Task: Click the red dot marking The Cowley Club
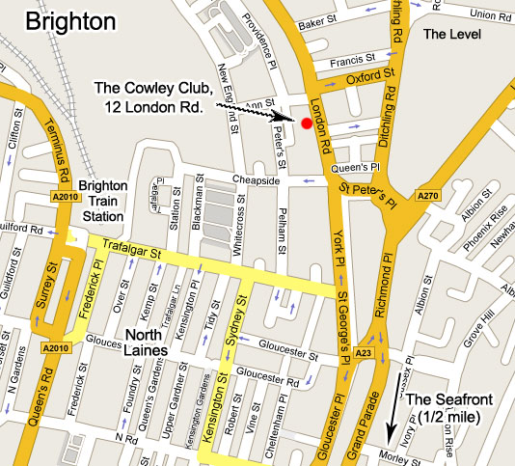point(307,123)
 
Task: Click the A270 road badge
point(429,196)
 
